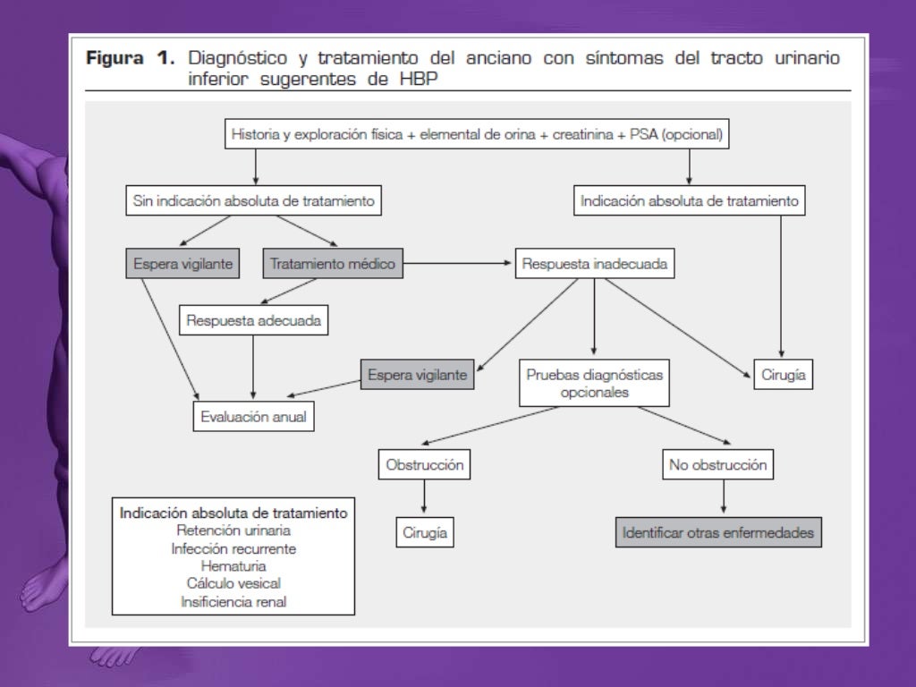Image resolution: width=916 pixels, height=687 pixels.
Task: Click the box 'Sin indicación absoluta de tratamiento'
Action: pyautogui.click(x=254, y=201)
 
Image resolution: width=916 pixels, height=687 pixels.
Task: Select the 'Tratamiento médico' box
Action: pyautogui.click(x=332, y=264)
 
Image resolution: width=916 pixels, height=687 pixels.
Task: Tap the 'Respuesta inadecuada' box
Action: pyautogui.click(x=594, y=264)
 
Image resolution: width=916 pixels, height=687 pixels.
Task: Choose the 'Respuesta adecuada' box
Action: pyautogui.click(x=253, y=319)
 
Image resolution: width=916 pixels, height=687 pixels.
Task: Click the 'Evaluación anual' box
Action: pyautogui.click(x=254, y=416)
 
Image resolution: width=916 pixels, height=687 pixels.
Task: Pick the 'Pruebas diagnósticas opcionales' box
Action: pyautogui.click(x=594, y=383)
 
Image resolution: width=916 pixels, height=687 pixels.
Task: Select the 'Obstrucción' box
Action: pyautogui.click(x=425, y=465)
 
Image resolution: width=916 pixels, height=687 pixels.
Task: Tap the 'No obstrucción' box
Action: pyautogui.click(x=717, y=465)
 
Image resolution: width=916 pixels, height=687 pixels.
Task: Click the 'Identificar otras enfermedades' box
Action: pyautogui.click(x=718, y=532)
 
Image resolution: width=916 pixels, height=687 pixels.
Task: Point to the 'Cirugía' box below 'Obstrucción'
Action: pyautogui.click(x=425, y=532)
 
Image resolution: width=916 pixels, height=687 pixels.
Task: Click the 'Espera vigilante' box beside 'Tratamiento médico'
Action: pyautogui.click(x=183, y=264)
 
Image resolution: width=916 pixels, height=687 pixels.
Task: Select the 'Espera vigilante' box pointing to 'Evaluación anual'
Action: pyautogui.click(x=418, y=375)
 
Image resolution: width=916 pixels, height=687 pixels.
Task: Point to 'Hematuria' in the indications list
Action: pyautogui.click(x=233, y=565)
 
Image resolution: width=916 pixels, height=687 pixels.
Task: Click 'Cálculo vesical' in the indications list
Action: pyautogui.click(x=233, y=583)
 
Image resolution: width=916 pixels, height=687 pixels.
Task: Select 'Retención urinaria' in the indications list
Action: pyautogui.click(x=233, y=530)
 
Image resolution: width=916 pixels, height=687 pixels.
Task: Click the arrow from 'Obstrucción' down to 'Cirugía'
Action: pyautogui.click(x=425, y=497)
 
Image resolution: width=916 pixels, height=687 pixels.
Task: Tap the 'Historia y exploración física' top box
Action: pyautogui.click(x=477, y=136)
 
